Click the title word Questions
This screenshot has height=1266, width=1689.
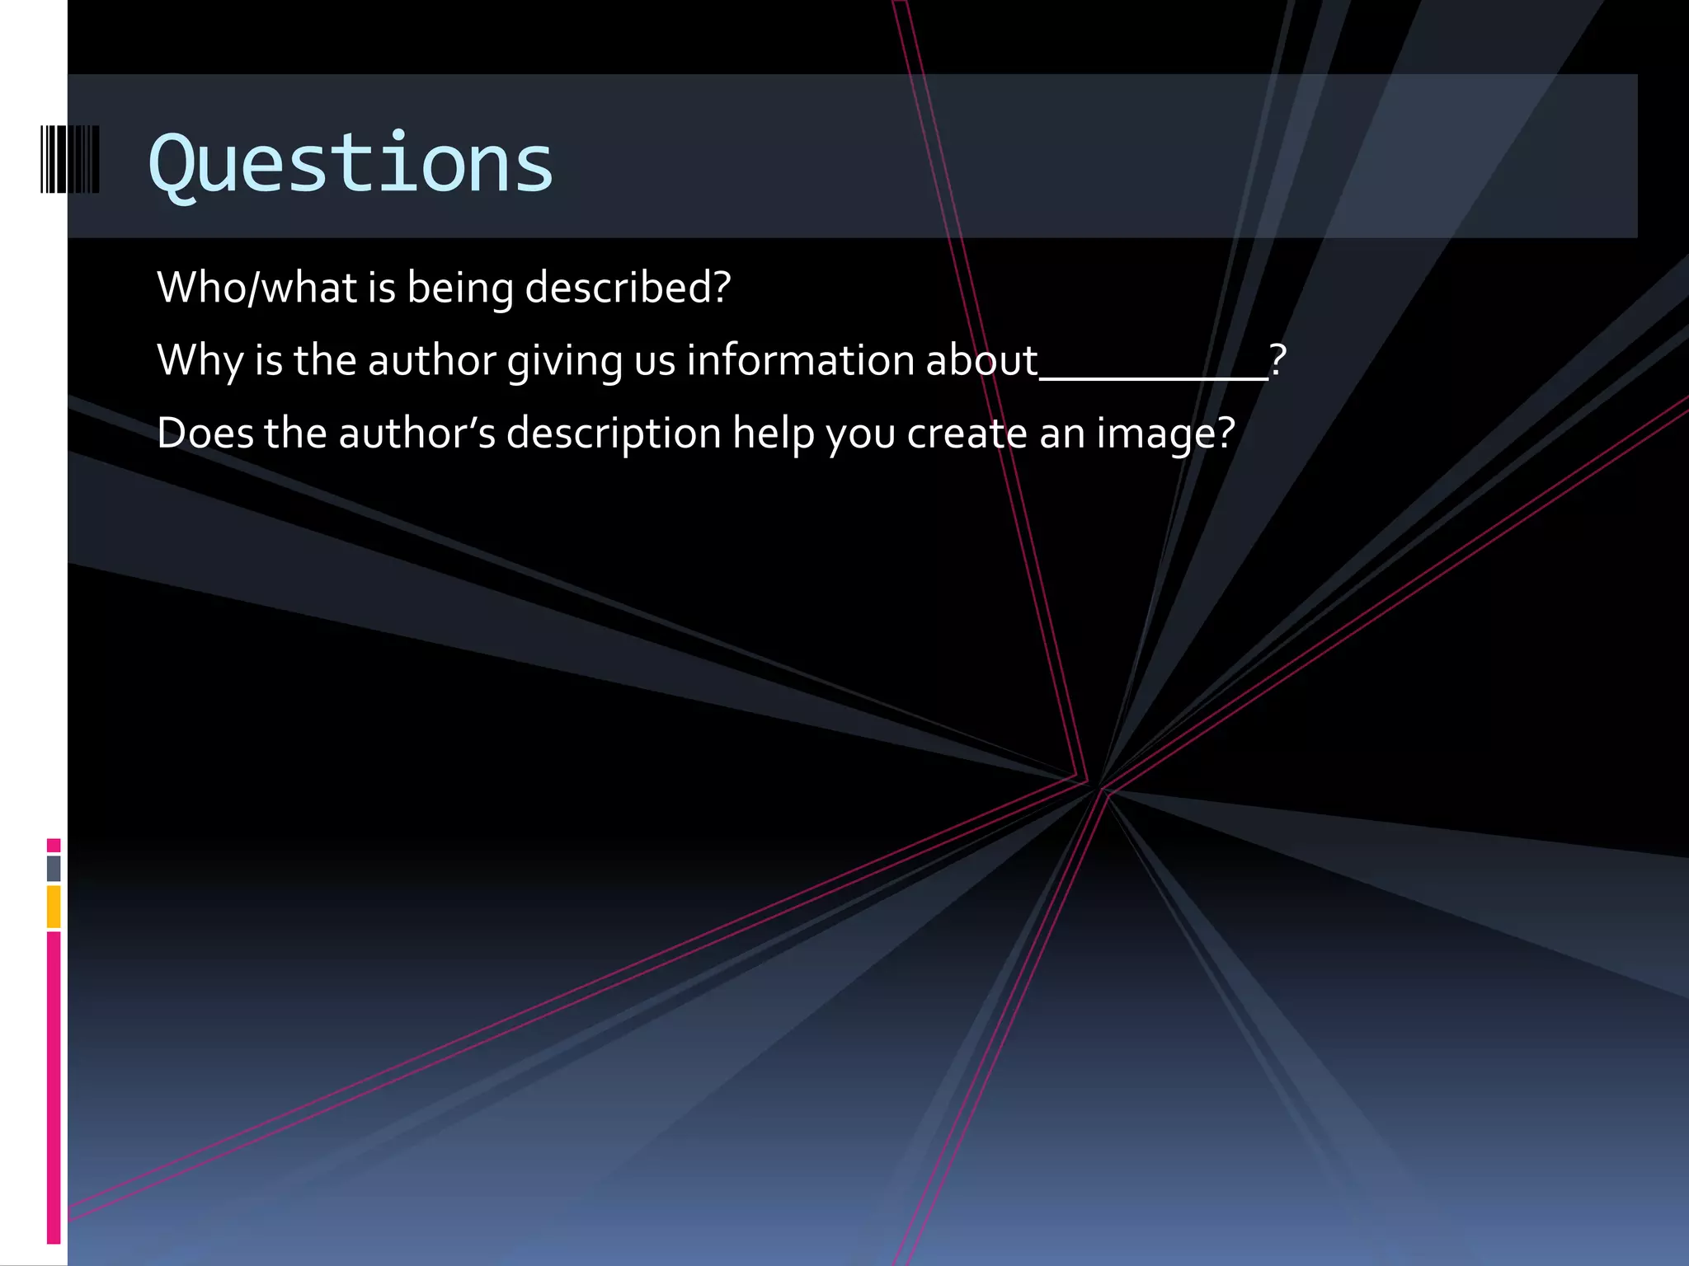pos(351,164)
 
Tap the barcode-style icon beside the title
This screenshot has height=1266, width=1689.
pos(70,159)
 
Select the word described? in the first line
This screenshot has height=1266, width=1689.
pos(628,288)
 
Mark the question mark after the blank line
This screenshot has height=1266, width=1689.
pos(1277,360)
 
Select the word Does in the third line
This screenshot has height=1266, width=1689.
pos(205,433)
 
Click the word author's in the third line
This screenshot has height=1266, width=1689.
pos(417,433)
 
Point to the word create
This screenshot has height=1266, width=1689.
pos(967,433)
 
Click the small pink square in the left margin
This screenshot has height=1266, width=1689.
pos(54,845)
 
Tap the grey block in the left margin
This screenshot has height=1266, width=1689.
pos(54,868)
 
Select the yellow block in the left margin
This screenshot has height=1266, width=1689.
pos(54,906)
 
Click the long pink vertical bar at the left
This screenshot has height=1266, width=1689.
pos(54,1086)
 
